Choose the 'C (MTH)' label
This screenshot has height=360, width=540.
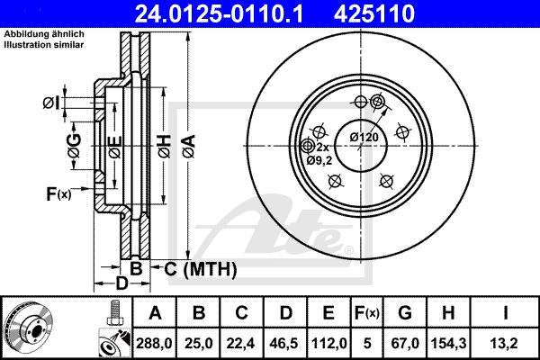click(x=195, y=268)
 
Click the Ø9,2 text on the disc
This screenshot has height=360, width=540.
click(x=319, y=159)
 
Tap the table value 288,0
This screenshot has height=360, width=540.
click(x=155, y=342)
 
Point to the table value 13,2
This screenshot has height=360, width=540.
click(x=508, y=342)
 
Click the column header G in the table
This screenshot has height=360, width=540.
click(x=404, y=313)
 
